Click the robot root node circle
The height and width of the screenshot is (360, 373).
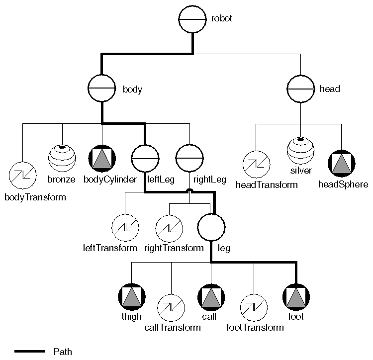tap(192, 19)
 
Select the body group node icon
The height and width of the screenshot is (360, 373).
tap(102, 90)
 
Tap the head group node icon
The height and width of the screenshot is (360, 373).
tap(301, 90)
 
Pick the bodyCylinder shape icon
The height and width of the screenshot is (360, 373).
tap(102, 158)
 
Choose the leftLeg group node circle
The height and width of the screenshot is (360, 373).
tap(145, 158)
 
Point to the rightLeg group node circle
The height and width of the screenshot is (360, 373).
tap(190, 158)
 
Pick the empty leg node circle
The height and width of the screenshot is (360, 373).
tap(211, 227)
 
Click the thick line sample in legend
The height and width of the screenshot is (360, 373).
tap(30, 352)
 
